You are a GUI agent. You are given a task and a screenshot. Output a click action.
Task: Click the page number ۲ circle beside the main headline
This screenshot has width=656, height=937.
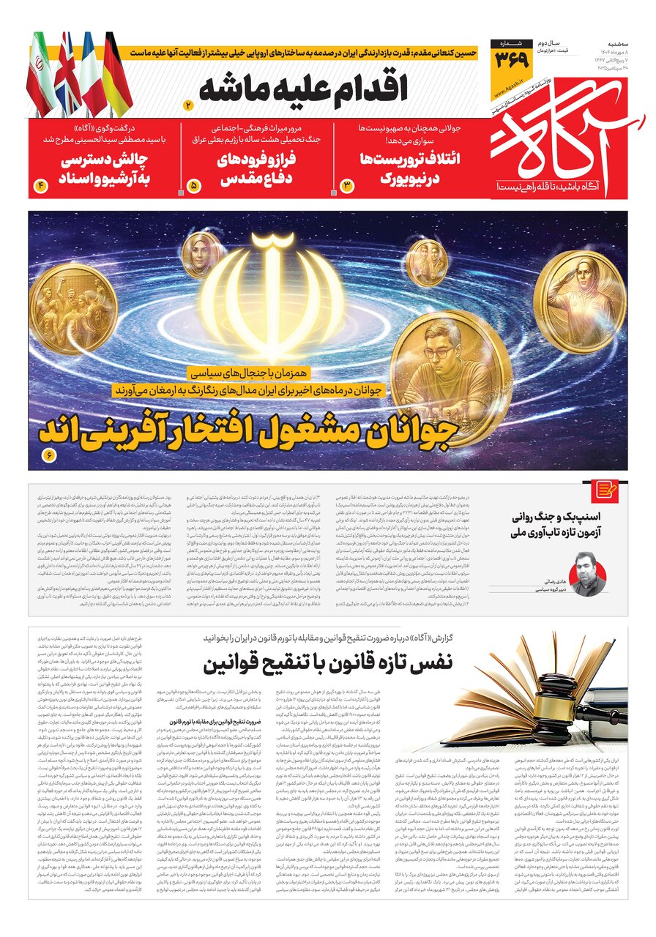(188, 106)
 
